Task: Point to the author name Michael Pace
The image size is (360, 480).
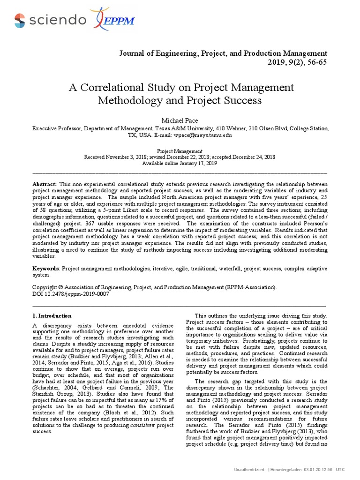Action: click(x=180, y=120)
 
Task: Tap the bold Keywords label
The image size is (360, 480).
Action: click(x=46, y=269)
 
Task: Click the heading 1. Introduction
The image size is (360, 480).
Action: click(x=52, y=315)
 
